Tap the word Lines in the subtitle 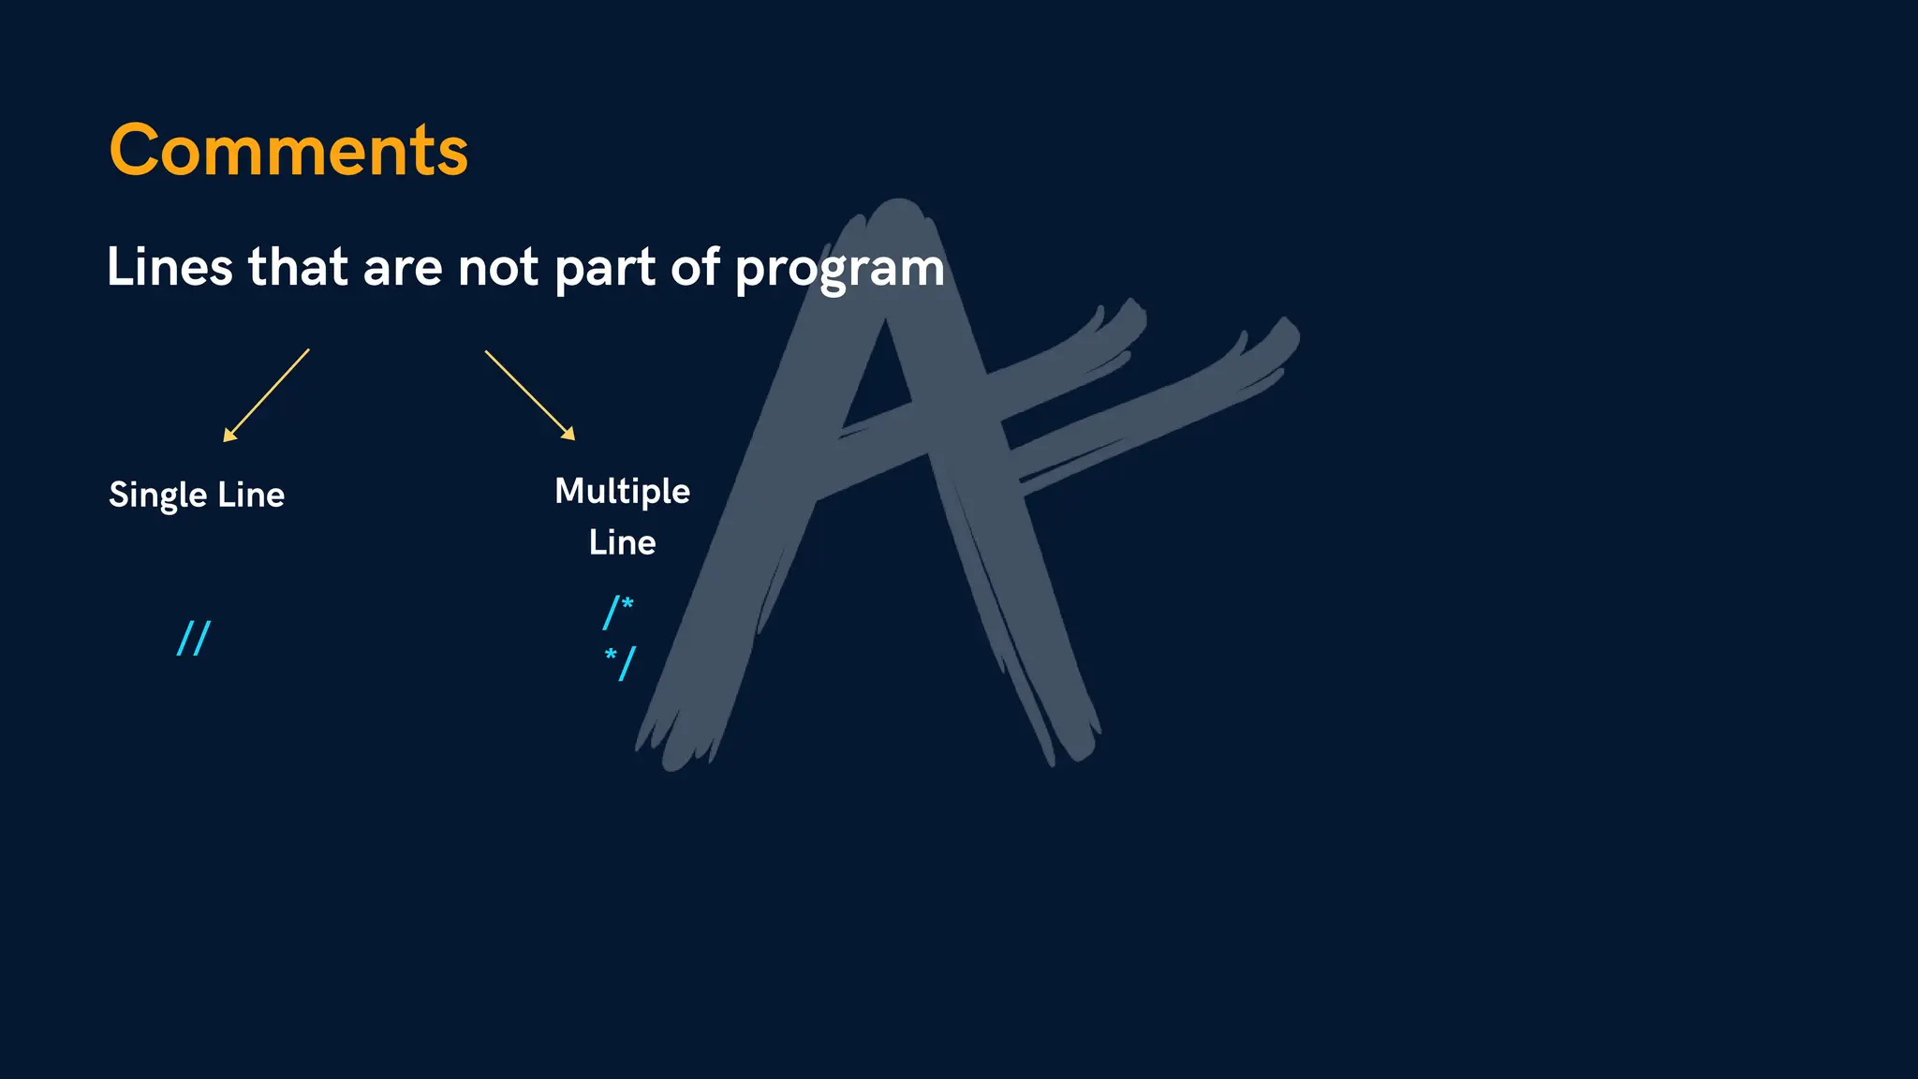click(x=170, y=267)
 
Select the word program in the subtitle click(x=840, y=269)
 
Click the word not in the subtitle click(x=498, y=267)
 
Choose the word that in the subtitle click(x=298, y=267)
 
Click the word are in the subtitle click(x=403, y=269)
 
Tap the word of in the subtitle click(x=695, y=267)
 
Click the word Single click(x=157, y=495)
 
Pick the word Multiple click(x=622, y=492)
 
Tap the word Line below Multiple click(x=622, y=542)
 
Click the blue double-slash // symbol click(x=194, y=638)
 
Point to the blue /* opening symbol click(x=618, y=612)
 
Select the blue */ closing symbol click(x=620, y=662)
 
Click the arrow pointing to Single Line click(x=267, y=394)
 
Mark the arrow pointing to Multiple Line click(x=529, y=394)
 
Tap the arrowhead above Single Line click(x=229, y=435)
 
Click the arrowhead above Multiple click(x=568, y=434)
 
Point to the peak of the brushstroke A click(x=898, y=208)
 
